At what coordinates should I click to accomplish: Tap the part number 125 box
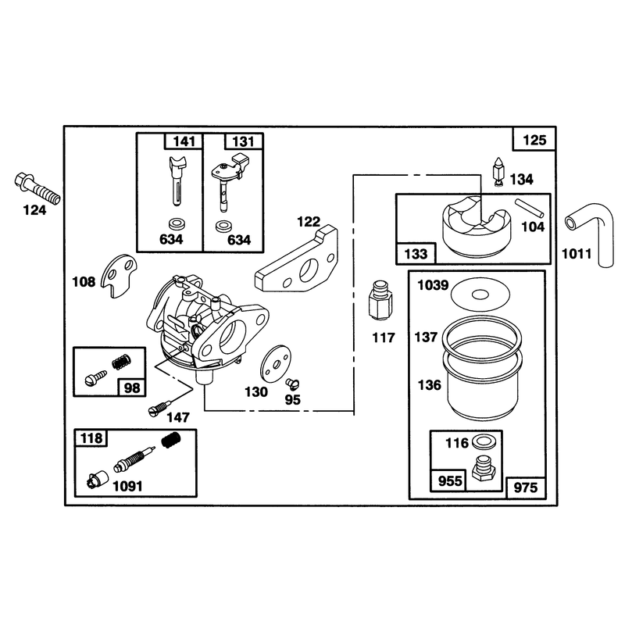534,139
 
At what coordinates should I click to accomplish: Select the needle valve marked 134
498,170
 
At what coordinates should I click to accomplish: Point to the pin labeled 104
529,209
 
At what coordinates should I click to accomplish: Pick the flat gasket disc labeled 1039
480,295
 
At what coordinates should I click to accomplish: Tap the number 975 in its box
526,487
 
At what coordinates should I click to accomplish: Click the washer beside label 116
481,441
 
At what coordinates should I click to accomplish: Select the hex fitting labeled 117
380,300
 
